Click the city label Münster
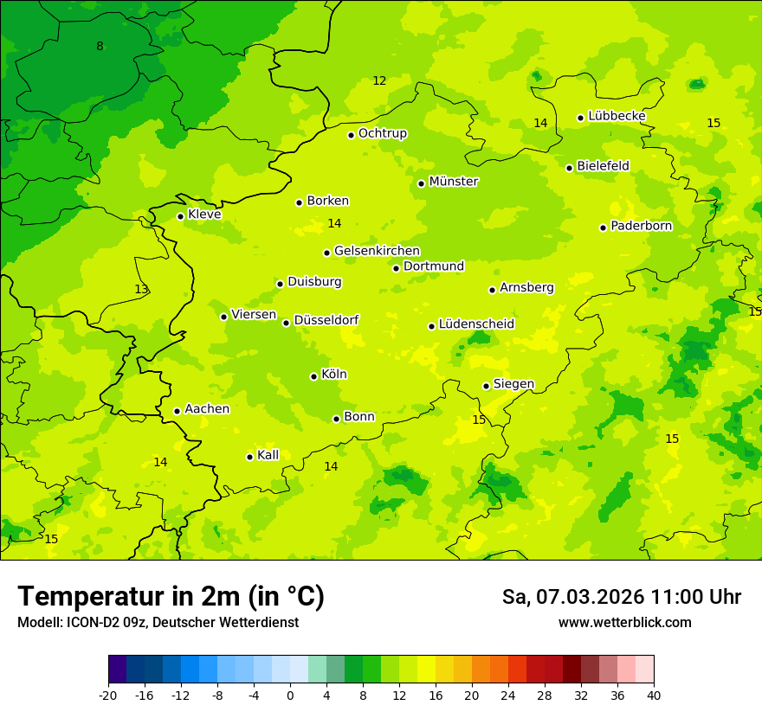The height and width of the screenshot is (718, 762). click(x=454, y=182)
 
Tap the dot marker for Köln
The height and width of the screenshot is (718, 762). click(x=313, y=376)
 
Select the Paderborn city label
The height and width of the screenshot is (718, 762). click(x=641, y=226)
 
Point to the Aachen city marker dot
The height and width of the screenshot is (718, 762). click(x=177, y=411)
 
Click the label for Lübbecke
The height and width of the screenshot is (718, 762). click(x=617, y=116)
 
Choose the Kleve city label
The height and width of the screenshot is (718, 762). click(x=204, y=215)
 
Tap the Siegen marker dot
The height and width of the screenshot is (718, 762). click(x=486, y=386)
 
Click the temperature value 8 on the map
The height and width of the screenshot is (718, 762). click(x=100, y=46)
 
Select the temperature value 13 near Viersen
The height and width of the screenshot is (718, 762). click(x=141, y=289)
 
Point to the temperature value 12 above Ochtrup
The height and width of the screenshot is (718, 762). click(x=379, y=80)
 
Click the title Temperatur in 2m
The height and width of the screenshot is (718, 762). click(x=171, y=596)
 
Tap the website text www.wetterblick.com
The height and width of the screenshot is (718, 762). click(x=624, y=622)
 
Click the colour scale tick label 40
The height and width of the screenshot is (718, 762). click(x=654, y=695)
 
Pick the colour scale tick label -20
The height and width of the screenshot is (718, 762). click(x=108, y=695)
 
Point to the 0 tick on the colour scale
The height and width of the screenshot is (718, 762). click(x=290, y=695)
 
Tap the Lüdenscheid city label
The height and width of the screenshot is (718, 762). click(x=476, y=324)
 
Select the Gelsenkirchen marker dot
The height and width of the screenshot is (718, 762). click(x=326, y=253)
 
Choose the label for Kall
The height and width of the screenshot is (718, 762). click(x=268, y=455)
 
